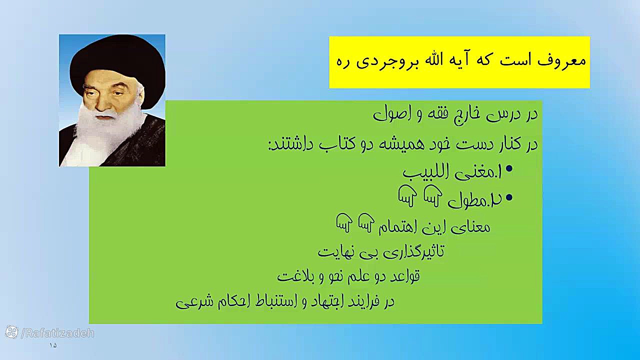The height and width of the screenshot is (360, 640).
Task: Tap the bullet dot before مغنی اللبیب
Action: tap(509, 169)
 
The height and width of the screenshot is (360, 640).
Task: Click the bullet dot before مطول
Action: tap(509, 197)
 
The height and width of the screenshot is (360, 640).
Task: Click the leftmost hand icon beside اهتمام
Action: tap(344, 222)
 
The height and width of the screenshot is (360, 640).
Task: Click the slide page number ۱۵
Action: tap(53, 345)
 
